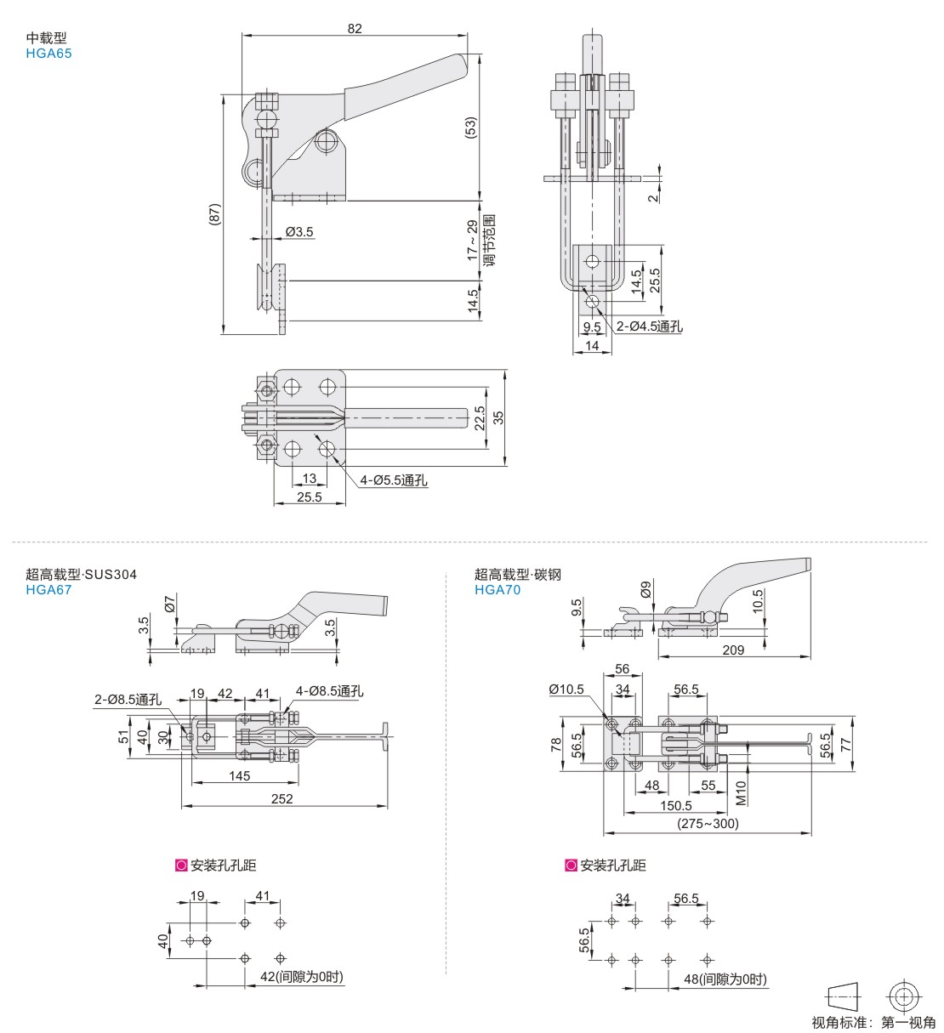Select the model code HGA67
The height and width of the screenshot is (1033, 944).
[x=49, y=589]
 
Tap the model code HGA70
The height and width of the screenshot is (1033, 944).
[x=498, y=589]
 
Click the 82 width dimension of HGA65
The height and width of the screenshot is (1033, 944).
[x=355, y=28]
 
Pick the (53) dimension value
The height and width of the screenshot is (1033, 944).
[x=470, y=128]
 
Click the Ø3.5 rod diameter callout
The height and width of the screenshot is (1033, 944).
[x=299, y=231]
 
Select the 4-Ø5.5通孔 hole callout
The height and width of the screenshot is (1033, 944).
[x=394, y=480]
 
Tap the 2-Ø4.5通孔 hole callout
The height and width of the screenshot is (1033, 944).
[x=650, y=326]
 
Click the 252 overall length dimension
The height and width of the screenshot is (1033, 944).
[x=281, y=798]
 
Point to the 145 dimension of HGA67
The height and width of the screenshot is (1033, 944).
[x=240, y=775]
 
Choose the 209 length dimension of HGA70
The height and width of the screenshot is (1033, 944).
[x=732, y=650]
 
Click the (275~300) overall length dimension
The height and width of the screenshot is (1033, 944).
[x=708, y=823]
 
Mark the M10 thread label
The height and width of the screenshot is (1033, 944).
[x=741, y=793]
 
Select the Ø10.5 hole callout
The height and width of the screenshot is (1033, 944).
[x=566, y=689]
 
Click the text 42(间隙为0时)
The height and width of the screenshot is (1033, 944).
[x=301, y=977]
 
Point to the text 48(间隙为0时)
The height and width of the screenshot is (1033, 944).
[x=725, y=979]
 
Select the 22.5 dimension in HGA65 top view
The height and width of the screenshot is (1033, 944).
[x=479, y=418]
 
